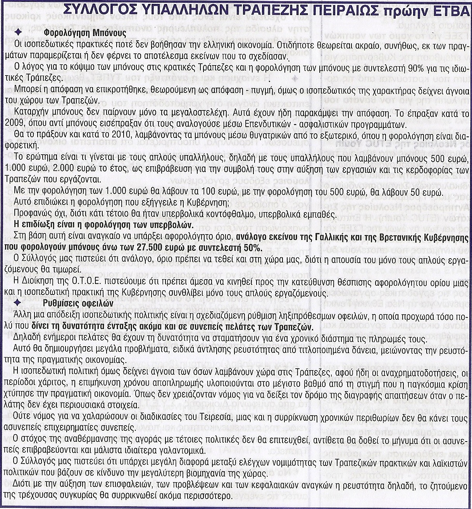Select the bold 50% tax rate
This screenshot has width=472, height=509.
point(253,248)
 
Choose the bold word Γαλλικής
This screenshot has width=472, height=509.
point(327,238)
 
